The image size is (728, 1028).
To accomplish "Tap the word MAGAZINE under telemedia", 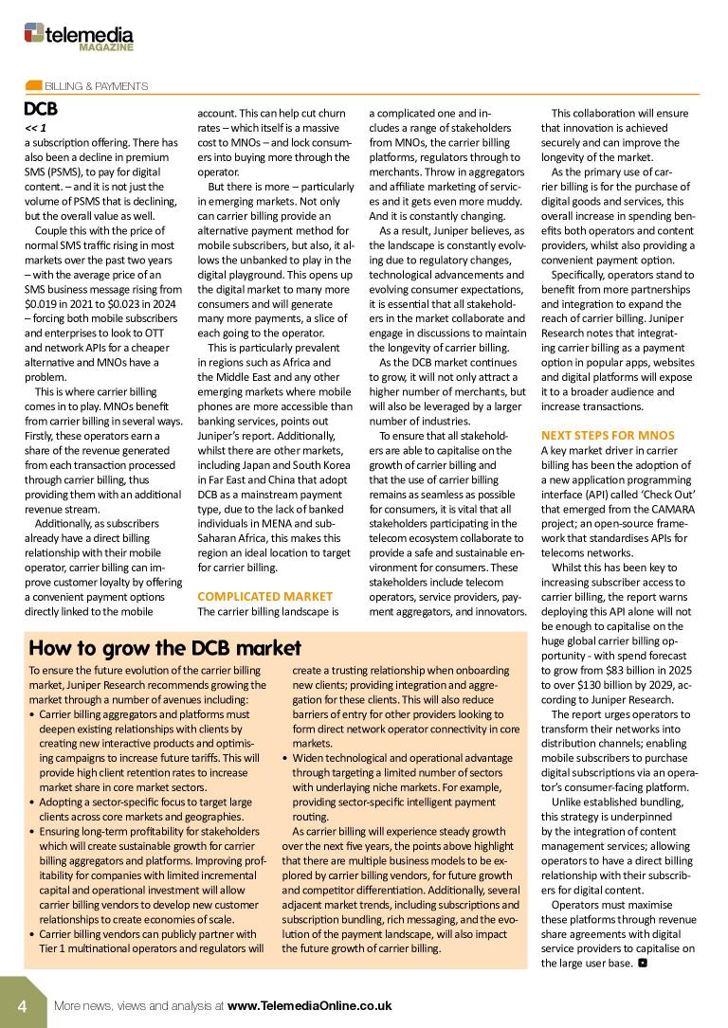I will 105,46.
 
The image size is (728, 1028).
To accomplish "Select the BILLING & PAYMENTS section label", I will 97,86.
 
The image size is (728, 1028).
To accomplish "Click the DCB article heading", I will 41,109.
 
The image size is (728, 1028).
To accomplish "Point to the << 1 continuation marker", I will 35,127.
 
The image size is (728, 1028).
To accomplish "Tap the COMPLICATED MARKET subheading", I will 264,596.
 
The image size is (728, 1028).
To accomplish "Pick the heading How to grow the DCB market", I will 165,648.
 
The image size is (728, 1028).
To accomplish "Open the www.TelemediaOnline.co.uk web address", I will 309,1005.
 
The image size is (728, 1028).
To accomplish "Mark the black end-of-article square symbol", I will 643,964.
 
